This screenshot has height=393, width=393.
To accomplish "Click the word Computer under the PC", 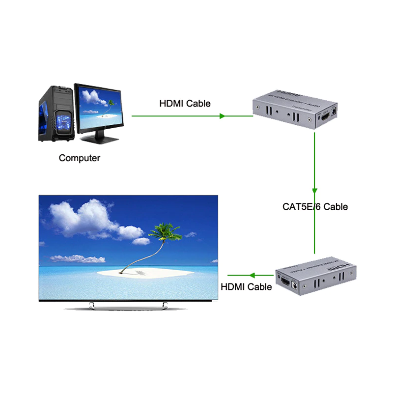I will (x=79, y=158).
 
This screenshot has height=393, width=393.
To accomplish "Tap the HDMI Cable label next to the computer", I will (x=185, y=103).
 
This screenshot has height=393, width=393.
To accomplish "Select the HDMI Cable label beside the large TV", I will (x=246, y=286).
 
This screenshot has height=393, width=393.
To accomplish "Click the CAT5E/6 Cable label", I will (x=315, y=206).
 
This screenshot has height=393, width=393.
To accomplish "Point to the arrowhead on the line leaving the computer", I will (x=223, y=116).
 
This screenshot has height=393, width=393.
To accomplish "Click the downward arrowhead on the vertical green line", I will (x=314, y=189).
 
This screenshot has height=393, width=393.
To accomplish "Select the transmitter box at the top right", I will (x=295, y=109).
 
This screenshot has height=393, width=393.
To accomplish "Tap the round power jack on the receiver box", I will (x=295, y=285).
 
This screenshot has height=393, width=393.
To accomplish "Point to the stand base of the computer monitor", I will (x=99, y=139).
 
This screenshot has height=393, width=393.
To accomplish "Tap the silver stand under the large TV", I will (x=126, y=306).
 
